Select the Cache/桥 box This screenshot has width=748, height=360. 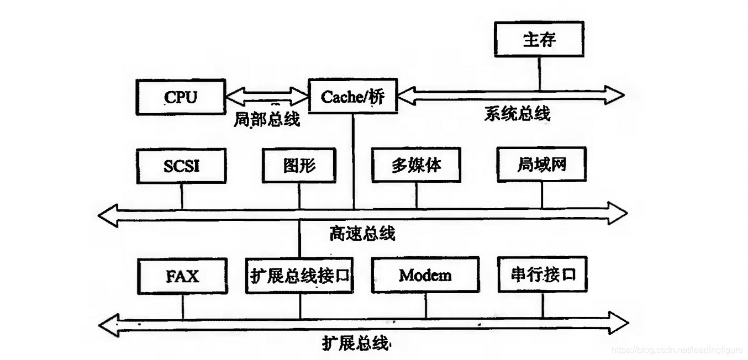pos(352,97)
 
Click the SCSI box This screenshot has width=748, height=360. pos(181,166)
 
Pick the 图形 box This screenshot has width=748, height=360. pos(300,166)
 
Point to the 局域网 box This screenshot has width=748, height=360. pos(541,165)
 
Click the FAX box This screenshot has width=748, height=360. pos(182,275)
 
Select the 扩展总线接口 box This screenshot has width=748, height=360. pos(300,276)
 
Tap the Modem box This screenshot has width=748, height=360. pos(425,275)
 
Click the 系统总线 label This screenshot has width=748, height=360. pos(517,114)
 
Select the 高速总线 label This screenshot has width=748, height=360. pos(362,233)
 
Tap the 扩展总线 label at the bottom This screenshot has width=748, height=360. pos(356,343)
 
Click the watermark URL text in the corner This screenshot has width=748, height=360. pos(677,350)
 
